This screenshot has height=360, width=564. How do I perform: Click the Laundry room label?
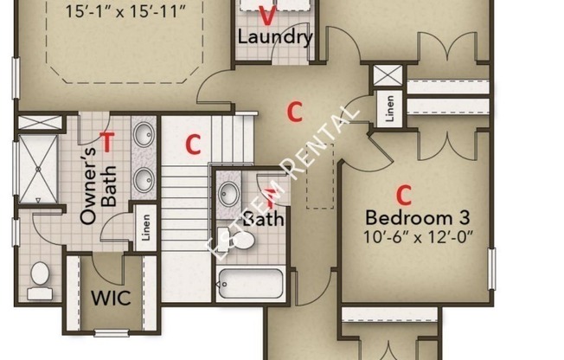coord(275,37)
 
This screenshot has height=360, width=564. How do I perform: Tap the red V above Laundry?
coord(267,16)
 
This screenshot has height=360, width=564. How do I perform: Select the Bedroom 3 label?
coord(418,218)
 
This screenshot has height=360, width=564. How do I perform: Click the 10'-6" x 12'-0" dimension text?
coord(418,237)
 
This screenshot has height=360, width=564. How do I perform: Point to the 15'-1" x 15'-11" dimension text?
coord(125,11)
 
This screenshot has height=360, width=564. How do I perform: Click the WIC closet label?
coord(111,298)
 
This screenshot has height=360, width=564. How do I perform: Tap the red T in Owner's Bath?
coord(107,141)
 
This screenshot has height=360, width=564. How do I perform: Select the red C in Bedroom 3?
coord(404,195)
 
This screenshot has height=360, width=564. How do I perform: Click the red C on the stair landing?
coord(193,145)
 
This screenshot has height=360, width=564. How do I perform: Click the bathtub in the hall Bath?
coord(251,284)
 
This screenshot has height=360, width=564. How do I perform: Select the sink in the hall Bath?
coord(229,194)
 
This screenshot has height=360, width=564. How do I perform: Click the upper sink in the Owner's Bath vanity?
coord(144,134)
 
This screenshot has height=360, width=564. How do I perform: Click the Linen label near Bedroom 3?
coord(389,108)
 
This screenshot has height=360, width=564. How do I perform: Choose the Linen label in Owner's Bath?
coord(145,228)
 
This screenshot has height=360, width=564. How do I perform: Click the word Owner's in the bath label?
coord(88,186)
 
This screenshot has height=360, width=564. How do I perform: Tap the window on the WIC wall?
coord(111,333)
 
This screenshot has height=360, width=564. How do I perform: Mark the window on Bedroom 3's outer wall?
coord(491,268)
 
